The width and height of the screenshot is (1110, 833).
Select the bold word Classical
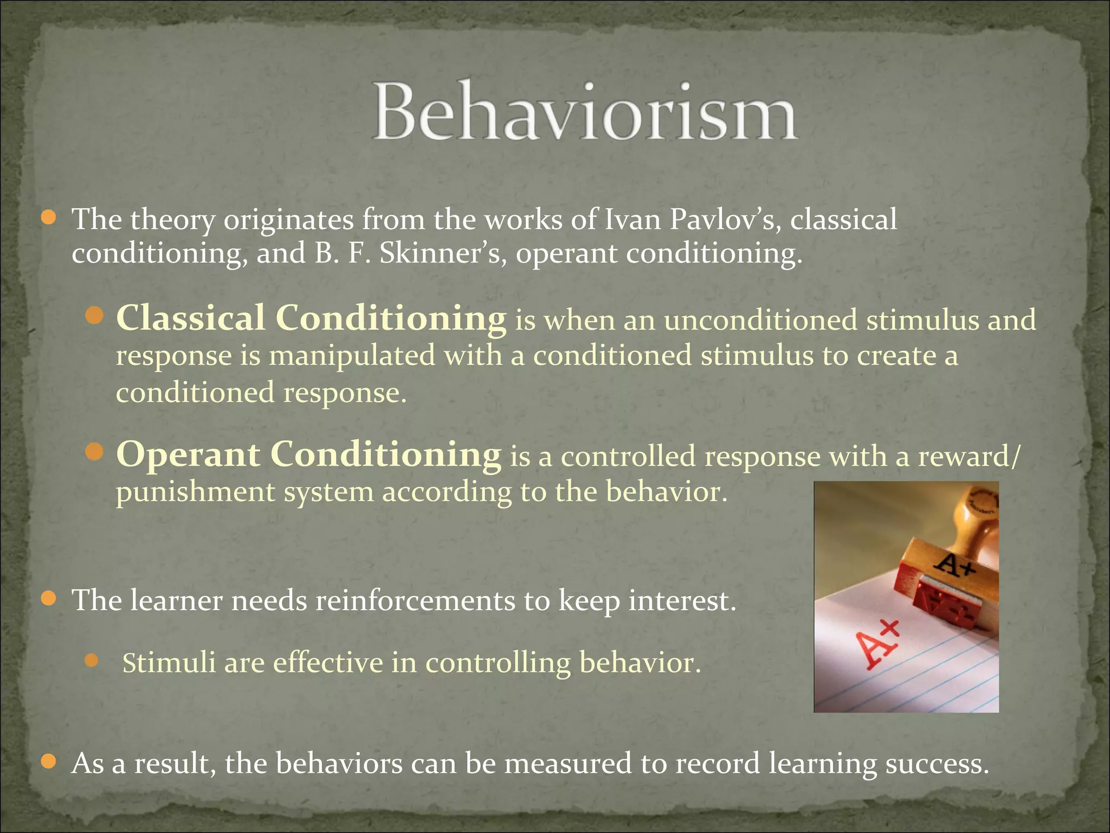click(x=190, y=318)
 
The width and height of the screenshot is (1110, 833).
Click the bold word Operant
click(x=188, y=454)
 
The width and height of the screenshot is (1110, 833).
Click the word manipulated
click(x=352, y=356)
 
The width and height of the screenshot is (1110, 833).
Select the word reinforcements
click(x=415, y=601)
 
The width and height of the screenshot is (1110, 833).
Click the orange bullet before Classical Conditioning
click(x=94, y=316)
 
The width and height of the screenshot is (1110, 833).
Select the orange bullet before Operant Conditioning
click(x=94, y=452)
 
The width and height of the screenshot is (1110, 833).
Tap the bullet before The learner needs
click(x=49, y=599)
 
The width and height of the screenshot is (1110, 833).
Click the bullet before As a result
click(x=49, y=761)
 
